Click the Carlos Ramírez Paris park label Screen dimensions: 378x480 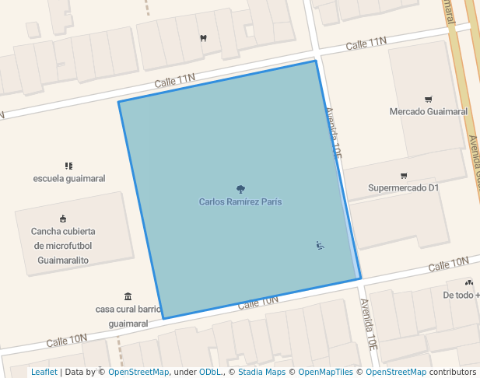coord(240,201)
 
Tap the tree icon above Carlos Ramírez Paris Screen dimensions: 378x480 coord(240,189)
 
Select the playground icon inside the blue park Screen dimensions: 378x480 coord(320,246)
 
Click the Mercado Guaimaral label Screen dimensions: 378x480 coord(428,111)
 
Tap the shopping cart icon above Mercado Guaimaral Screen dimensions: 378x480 coord(428,99)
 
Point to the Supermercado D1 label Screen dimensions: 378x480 coord(404,187)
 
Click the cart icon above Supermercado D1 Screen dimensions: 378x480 coord(403,175)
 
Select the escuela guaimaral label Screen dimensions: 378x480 coord(69,178)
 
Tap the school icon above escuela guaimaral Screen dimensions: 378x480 coord(68,166)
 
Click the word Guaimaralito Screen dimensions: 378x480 coord(63,260)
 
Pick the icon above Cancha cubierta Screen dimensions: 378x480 coord(63,219)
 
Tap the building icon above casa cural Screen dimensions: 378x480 coord(128,296)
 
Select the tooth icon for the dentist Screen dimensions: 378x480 coord(203,37)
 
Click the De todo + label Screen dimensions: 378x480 coord(461,296)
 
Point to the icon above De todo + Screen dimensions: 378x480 coord(468,283)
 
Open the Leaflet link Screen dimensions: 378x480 coord(44,372)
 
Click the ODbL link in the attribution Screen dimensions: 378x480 coord(212,372)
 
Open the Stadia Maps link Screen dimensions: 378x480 coord(261,372)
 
